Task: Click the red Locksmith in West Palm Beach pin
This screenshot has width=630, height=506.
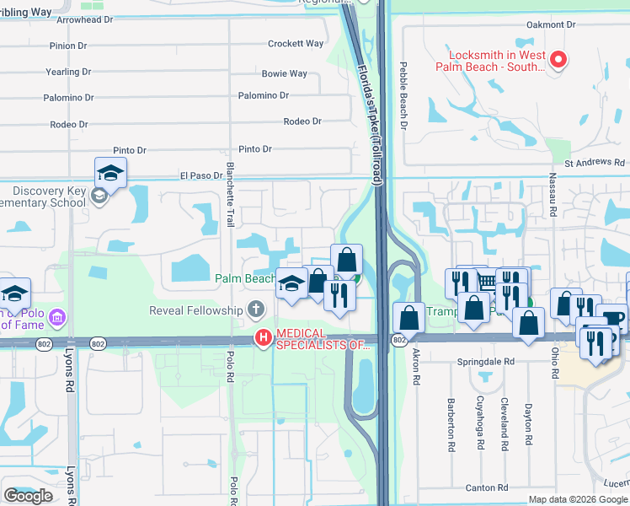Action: pos(558,60)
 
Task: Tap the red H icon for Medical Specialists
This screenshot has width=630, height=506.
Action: pos(264,338)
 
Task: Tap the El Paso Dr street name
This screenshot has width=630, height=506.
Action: pos(200,176)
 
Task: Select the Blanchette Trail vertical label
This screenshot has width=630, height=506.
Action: pos(229,195)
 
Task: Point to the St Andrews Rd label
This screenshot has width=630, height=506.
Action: pos(595,163)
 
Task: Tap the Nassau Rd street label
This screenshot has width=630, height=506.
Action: pos(553,191)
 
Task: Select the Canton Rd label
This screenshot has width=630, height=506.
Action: pos(485,487)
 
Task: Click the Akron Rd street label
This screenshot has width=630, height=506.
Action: pos(416,369)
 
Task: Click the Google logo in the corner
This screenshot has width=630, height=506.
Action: pos(28,496)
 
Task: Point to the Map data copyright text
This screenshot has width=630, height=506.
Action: pos(578,499)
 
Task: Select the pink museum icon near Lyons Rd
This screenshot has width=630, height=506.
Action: pos(57,318)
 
